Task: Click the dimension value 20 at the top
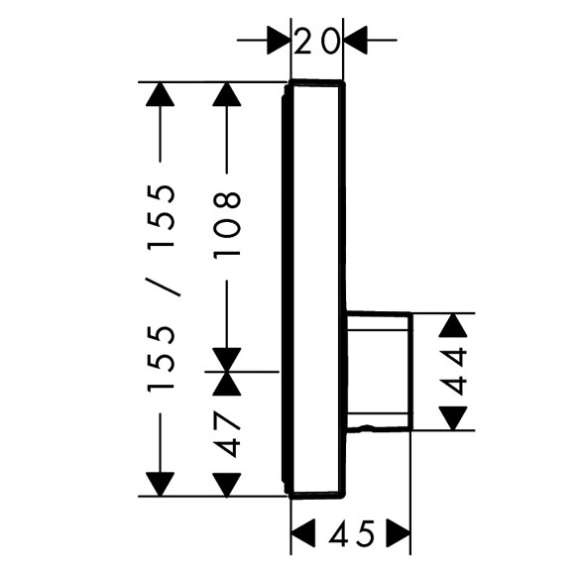pyautogui.click(x=316, y=41)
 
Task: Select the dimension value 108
pyautogui.click(x=227, y=225)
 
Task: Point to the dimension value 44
pyautogui.click(x=453, y=372)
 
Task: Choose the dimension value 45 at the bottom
pyautogui.click(x=351, y=532)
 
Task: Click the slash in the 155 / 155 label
pyautogui.click(x=164, y=287)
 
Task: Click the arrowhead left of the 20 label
pyautogui.click(x=279, y=40)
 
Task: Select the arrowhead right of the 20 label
pyautogui.click(x=355, y=40)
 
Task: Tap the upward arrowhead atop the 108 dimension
pyautogui.click(x=227, y=94)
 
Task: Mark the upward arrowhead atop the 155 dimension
pyautogui.click(x=160, y=94)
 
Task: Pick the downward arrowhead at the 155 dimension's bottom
pyautogui.click(x=160, y=485)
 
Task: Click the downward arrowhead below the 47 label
pyautogui.click(x=227, y=485)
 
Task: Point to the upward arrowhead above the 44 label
pyautogui.click(x=453, y=325)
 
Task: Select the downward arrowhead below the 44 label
pyautogui.click(x=453, y=418)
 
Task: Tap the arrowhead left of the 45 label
pyautogui.click(x=303, y=532)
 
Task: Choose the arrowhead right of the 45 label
pyautogui.click(x=399, y=532)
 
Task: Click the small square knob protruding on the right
pyautogui.click(x=380, y=372)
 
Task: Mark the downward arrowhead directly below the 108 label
pyautogui.click(x=227, y=359)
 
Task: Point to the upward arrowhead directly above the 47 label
pyautogui.click(x=227, y=384)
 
